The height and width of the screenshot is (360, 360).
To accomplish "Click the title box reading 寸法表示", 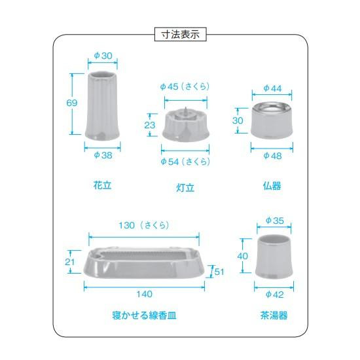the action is (180, 35).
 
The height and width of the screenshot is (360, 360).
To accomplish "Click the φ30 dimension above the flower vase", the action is (103, 56).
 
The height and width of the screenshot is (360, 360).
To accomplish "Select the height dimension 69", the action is (71, 103).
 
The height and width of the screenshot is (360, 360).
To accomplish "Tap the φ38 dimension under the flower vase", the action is (103, 155).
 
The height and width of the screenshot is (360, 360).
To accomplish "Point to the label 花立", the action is (102, 185).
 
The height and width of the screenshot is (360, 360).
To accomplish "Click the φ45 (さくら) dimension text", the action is (185, 86).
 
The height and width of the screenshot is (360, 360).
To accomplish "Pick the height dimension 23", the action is (150, 125).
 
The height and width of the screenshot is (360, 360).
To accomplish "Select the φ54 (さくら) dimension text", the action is (185, 162).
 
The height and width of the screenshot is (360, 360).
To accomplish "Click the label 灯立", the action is (185, 188).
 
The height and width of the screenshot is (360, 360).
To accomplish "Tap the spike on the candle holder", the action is (185, 112).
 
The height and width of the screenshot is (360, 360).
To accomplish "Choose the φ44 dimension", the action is (272, 88).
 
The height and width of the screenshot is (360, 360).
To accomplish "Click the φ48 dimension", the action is (272, 156).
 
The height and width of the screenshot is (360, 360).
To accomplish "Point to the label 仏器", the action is (272, 186).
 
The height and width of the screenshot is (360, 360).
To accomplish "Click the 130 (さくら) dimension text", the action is (144, 225).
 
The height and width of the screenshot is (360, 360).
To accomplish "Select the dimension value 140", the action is (145, 294).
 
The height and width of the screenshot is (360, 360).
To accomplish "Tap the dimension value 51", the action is (219, 272).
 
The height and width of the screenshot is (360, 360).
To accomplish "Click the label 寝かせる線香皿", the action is (145, 315).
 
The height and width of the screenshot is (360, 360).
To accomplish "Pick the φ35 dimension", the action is (275, 221).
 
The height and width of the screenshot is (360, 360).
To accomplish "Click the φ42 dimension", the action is (275, 295).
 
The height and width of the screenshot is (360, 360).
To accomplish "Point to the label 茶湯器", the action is (274, 315).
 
